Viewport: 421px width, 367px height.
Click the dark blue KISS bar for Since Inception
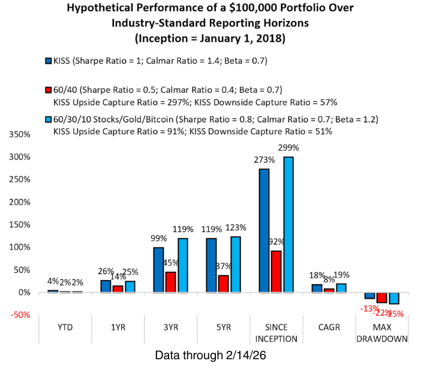pos(264,230)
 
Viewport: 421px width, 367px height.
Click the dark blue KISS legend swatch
pos(48,61)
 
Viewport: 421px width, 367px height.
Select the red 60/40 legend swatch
pos(48,90)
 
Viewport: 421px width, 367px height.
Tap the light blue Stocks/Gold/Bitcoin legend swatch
pos(48,119)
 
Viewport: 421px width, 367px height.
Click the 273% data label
pos(265,160)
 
